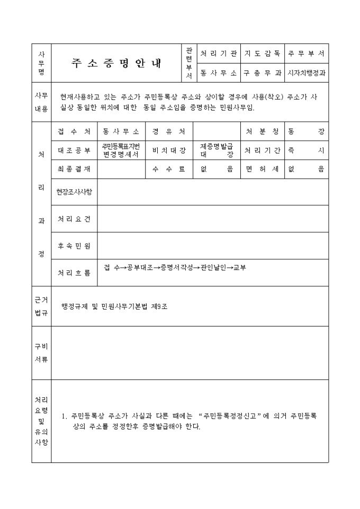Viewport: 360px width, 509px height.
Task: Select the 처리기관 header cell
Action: [x=218, y=54]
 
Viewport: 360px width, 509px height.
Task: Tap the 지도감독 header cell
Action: [x=263, y=54]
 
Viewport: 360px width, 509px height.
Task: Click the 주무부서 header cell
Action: [x=307, y=54]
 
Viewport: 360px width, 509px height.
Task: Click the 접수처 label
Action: [x=74, y=132]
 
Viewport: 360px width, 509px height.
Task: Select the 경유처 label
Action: [x=169, y=132]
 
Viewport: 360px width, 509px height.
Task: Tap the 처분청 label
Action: [x=263, y=132]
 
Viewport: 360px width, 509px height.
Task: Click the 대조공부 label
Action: [x=74, y=151]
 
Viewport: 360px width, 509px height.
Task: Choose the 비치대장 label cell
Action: [x=169, y=151]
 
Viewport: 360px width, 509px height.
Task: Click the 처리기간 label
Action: [x=263, y=151]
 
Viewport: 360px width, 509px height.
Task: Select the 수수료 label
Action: [x=169, y=169]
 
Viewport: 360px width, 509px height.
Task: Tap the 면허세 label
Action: [x=263, y=169]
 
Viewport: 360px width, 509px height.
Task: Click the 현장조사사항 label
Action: [x=74, y=192]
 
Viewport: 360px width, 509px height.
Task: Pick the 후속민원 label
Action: [x=74, y=246]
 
